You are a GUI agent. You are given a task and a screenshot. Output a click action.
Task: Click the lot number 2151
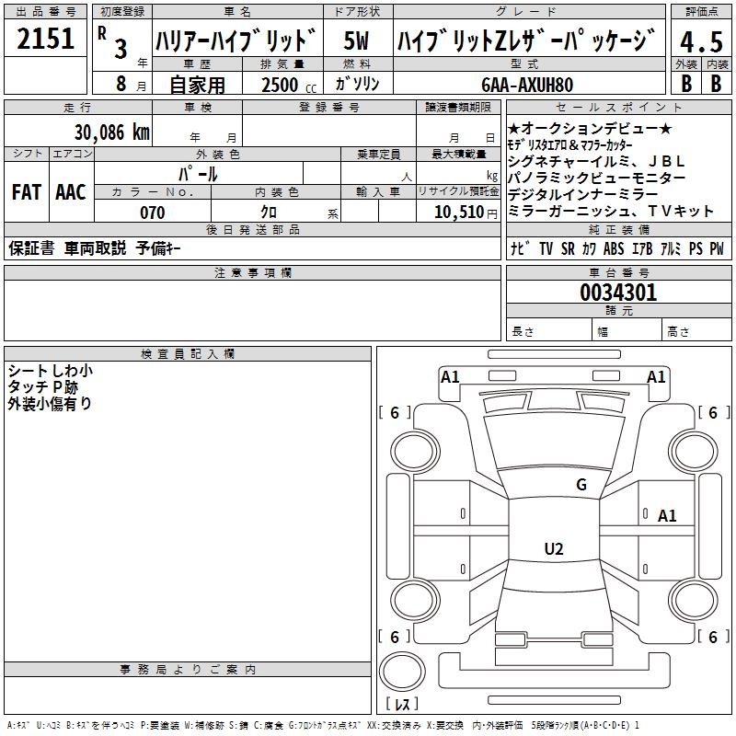tap(45, 39)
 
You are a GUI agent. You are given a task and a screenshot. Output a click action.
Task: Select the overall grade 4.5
tap(701, 41)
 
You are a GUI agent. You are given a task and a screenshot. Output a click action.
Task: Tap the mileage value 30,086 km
tap(111, 132)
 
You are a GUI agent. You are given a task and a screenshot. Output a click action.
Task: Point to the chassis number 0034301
tap(618, 293)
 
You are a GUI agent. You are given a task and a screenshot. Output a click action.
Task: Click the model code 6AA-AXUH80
tap(527, 85)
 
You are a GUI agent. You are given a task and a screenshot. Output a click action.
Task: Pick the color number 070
tap(153, 213)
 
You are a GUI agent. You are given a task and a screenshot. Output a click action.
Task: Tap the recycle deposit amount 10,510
tap(459, 213)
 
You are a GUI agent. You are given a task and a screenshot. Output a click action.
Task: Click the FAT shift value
tap(27, 192)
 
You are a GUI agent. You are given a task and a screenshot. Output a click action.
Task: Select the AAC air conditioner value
tap(71, 192)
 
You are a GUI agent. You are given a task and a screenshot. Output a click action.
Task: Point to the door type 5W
tap(356, 40)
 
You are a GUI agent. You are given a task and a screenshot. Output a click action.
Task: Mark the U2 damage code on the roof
tap(554, 548)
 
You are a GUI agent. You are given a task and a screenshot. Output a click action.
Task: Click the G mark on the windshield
tap(581, 485)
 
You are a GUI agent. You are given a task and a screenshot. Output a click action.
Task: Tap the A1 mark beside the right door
tap(667, 516)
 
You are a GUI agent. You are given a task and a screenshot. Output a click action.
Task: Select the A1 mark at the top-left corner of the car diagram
tap(450, 377)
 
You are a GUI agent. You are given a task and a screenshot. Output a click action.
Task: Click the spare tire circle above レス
tap(402, 672)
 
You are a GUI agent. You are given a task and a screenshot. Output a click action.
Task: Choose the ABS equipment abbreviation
tap(614, 248)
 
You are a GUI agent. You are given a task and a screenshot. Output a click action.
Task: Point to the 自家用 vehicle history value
tap(197, 85)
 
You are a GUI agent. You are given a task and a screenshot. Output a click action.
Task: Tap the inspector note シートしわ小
tap(51, 371)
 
